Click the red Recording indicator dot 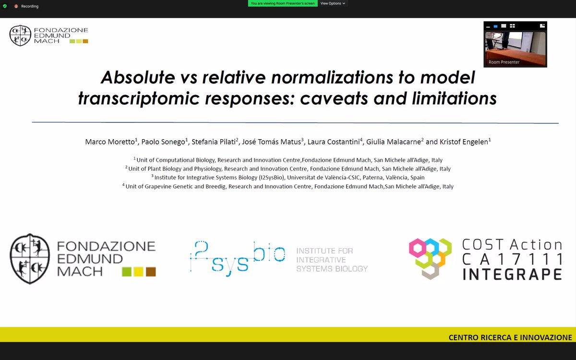[x=16, y=6]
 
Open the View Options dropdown [x=332, y=3]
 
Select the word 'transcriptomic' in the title [x=134, y=98]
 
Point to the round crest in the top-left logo [x=20, y=36]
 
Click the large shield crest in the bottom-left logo [x=30, y=258]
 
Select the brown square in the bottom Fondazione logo [x=151, y=272]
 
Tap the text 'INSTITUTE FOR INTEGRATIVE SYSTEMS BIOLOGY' [x=332, y=260]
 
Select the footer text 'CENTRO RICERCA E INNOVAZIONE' [x=510, y=337]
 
